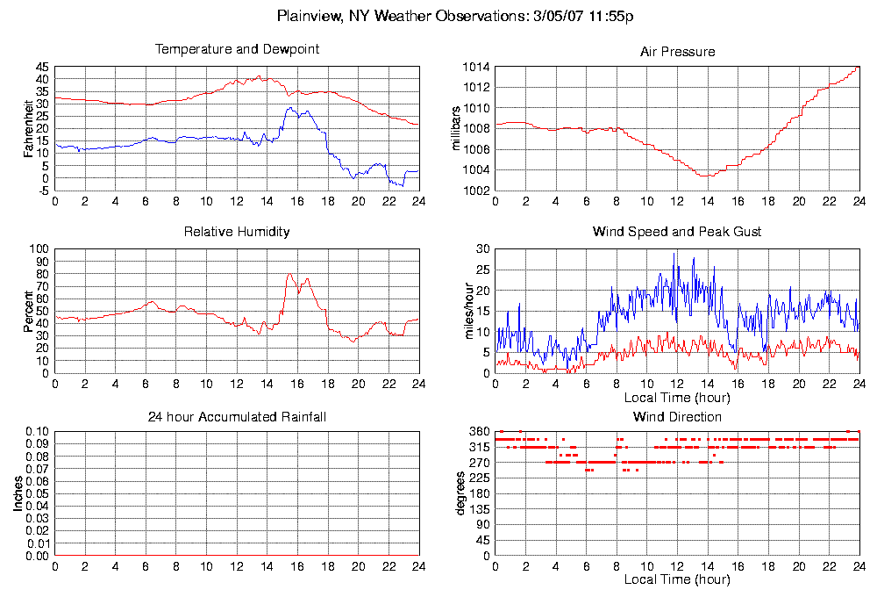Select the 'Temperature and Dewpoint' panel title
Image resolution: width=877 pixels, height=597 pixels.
coord(237,49)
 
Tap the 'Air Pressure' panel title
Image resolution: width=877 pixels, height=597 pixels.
coord(677,52)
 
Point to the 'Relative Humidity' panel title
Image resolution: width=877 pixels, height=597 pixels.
coord(237,232)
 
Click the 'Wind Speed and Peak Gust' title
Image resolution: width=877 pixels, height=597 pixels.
coord(677,232)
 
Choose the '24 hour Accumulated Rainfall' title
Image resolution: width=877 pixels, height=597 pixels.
coord(237,416)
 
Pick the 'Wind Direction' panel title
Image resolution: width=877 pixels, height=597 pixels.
coord(677,416)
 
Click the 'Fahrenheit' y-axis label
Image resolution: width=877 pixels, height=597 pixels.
coord(29,128)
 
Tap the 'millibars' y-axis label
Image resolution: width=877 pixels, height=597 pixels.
coord(456,128)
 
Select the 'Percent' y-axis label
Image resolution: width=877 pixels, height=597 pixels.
coord(29,313)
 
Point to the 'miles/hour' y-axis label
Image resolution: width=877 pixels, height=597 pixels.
coord(456,311)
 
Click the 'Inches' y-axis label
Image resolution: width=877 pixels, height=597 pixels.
coord(18,494)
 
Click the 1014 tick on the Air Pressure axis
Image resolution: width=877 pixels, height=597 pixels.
coord(474,67)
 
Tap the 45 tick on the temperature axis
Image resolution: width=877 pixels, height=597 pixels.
coord(42,67)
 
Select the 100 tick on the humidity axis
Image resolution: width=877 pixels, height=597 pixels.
coord(39,249)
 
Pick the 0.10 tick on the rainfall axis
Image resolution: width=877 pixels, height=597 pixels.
coord(36,432)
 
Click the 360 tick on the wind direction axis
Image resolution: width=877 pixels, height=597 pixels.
coord(478,432)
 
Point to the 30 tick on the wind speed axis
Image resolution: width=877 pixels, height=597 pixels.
coord(481,249)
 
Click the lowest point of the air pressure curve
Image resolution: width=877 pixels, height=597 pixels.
coord(706,176)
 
